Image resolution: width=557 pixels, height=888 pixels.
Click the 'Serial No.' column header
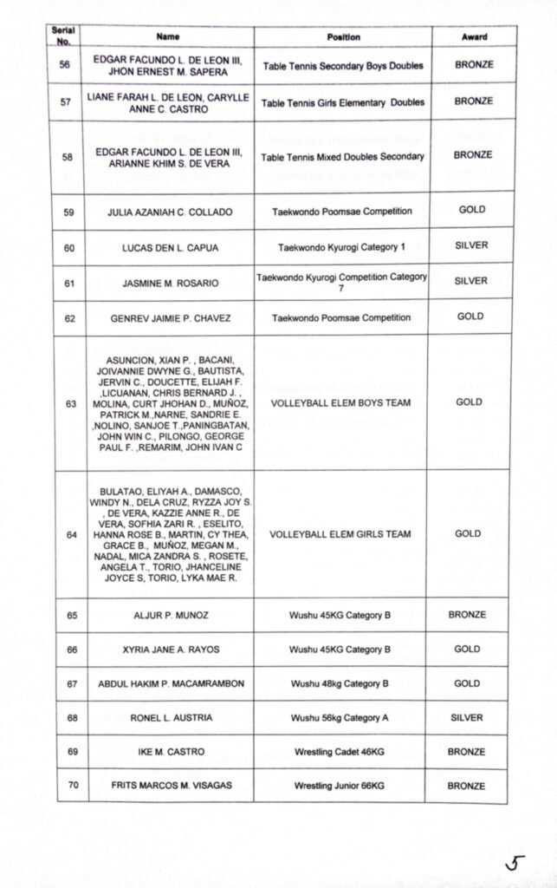coord(63,36)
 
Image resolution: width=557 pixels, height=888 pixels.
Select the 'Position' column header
coord(343,37)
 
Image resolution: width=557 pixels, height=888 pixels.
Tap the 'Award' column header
coord(474,37)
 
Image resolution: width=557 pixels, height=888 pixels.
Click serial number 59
coord(69,212)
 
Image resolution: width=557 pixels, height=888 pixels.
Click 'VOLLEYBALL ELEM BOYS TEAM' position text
coord(340,403)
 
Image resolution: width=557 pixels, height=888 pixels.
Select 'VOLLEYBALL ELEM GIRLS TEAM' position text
coord(340,534)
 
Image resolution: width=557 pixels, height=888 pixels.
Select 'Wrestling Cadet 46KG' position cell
coord(340,752)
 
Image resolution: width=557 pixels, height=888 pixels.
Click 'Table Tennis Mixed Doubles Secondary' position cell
coord(343,157)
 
